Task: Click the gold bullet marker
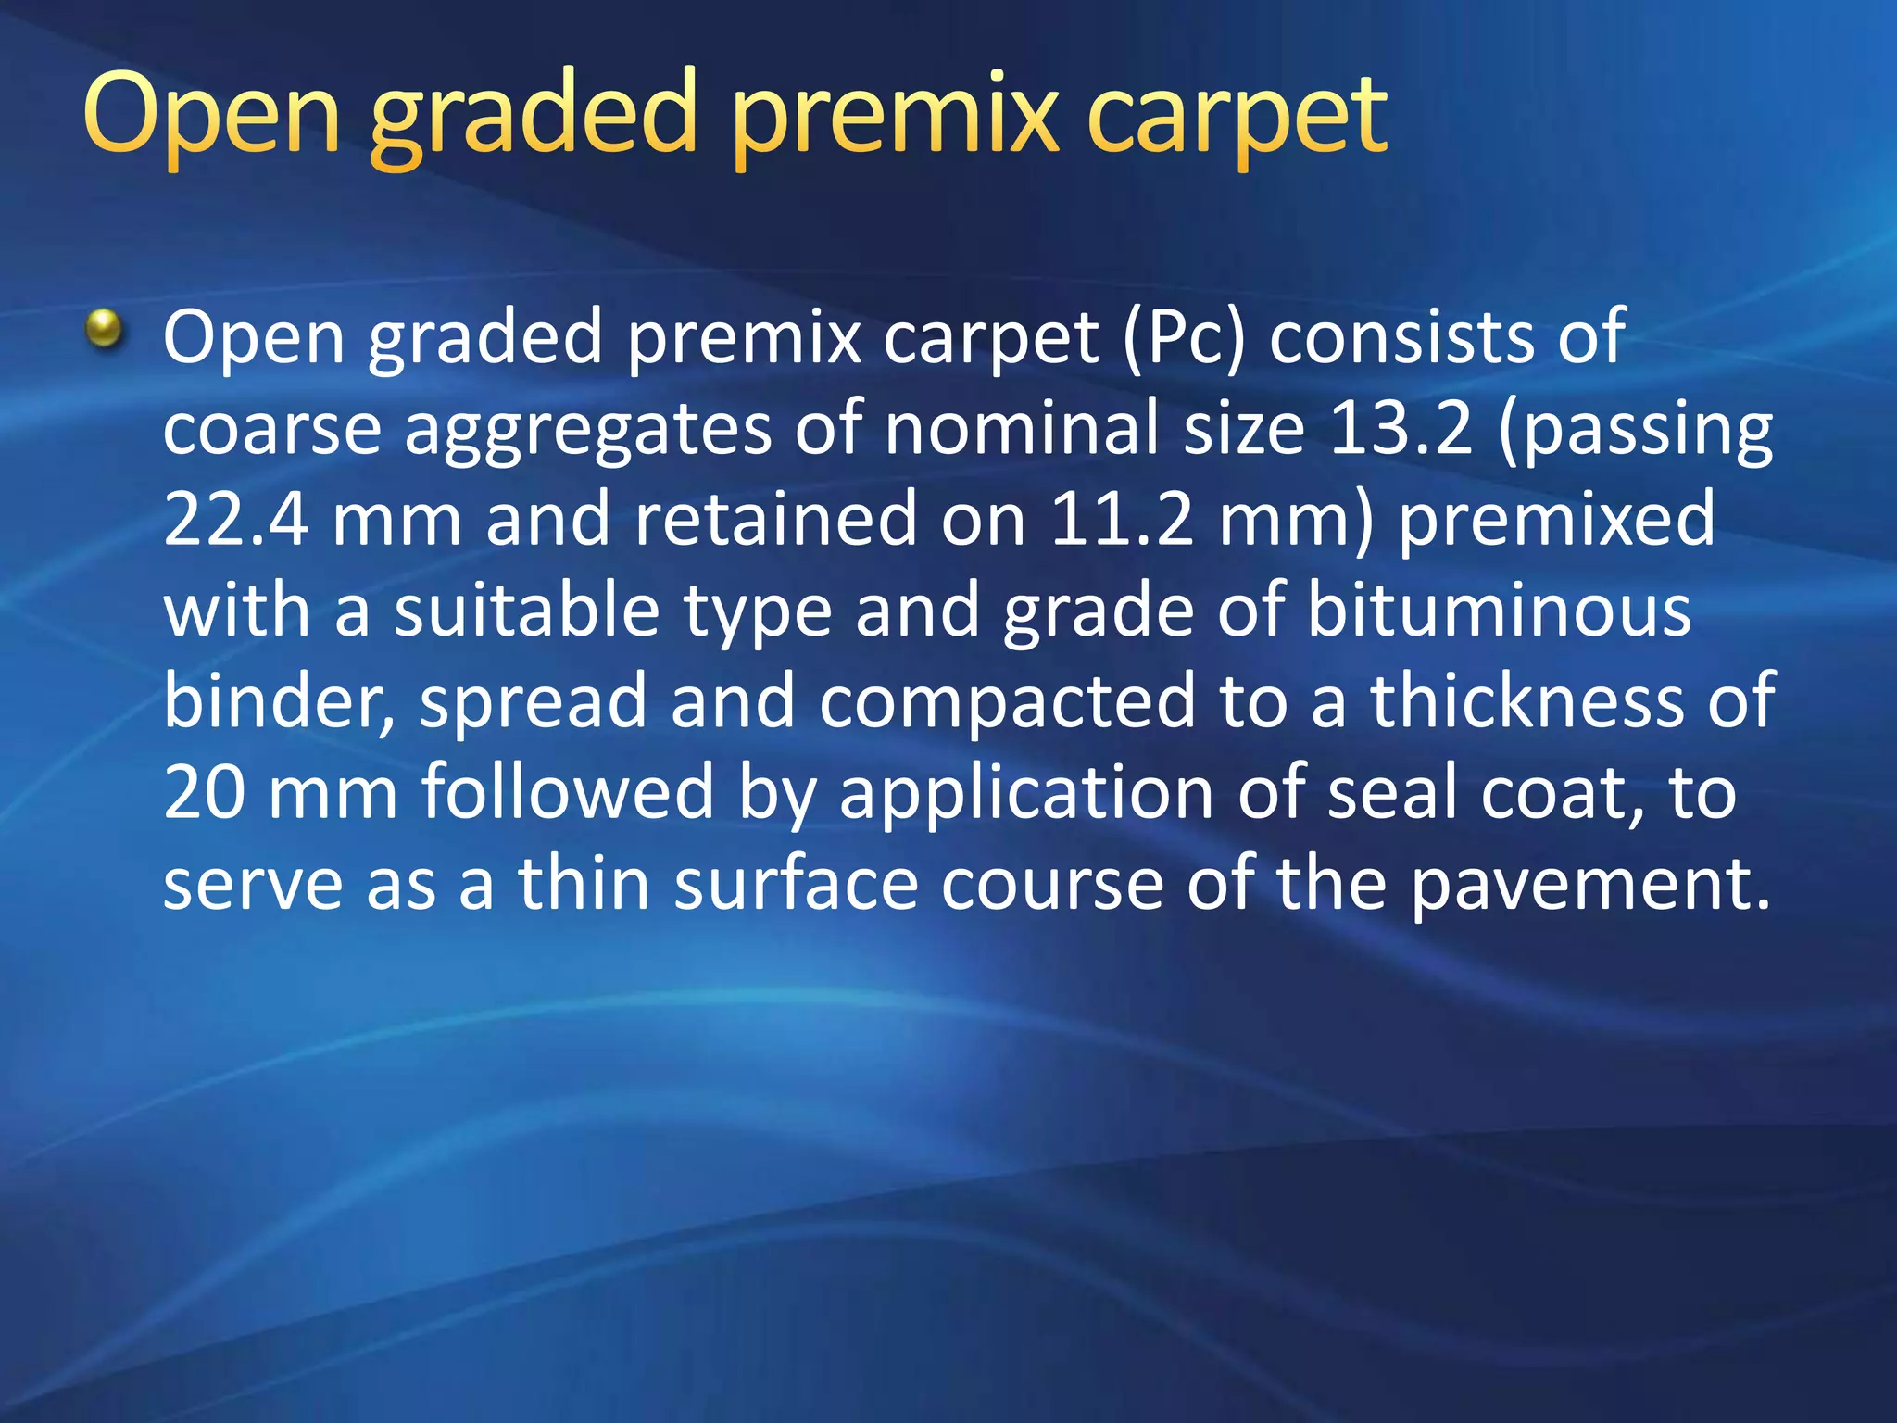105,330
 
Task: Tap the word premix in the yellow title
895,116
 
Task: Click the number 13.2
1400,428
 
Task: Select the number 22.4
235,519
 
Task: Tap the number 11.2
1123,519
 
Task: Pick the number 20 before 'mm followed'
204,792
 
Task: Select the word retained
776,519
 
